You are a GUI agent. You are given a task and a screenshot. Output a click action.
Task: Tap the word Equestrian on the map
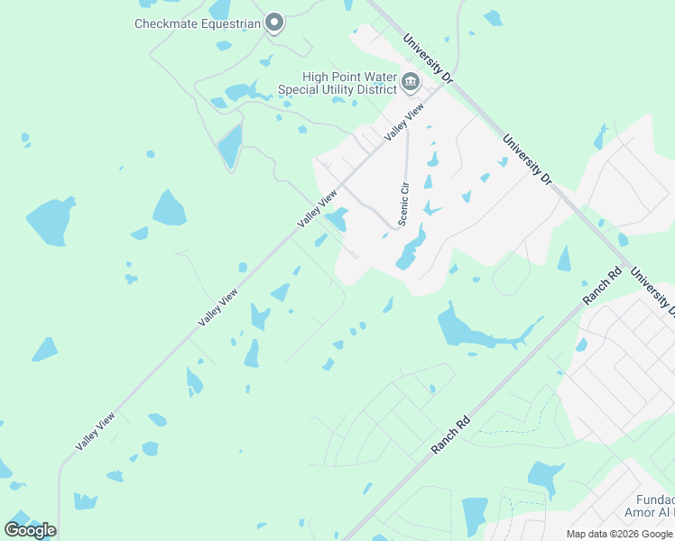coord(229,23)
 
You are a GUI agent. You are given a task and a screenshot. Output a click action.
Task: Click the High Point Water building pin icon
coord(411,83)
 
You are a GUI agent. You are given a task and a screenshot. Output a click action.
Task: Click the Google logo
coord(30,529)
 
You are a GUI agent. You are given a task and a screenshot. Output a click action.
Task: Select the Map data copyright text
coord(620,534)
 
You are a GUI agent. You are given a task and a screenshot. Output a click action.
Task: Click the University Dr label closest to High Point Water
coord(428,60)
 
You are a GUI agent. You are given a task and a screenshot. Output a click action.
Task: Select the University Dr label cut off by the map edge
coord(653,292)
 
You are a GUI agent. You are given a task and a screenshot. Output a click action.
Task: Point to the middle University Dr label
coord(527,160)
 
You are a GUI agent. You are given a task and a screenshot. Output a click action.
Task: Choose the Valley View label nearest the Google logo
coord(96,430)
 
